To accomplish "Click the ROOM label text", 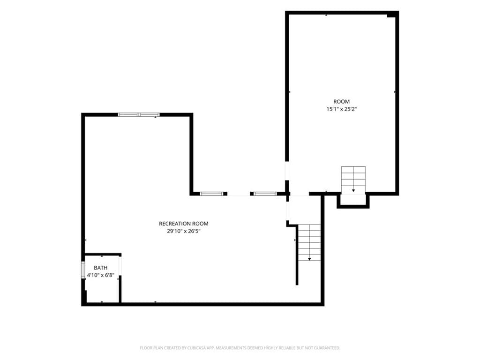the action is [341, 101].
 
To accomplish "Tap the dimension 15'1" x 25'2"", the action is [342, 109].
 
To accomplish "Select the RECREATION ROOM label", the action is [184, 224].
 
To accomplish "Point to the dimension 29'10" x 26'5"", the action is [184, 232].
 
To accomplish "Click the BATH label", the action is [101, 268].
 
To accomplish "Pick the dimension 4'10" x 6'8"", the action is [101, 275].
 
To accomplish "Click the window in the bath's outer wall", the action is [83, 270].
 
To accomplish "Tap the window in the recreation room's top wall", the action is [139, 115].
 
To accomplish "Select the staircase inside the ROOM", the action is [353, 180].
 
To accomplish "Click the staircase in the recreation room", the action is [309, 242].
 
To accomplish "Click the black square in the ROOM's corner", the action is [391, 15].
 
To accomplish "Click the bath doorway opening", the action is [120, 266].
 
